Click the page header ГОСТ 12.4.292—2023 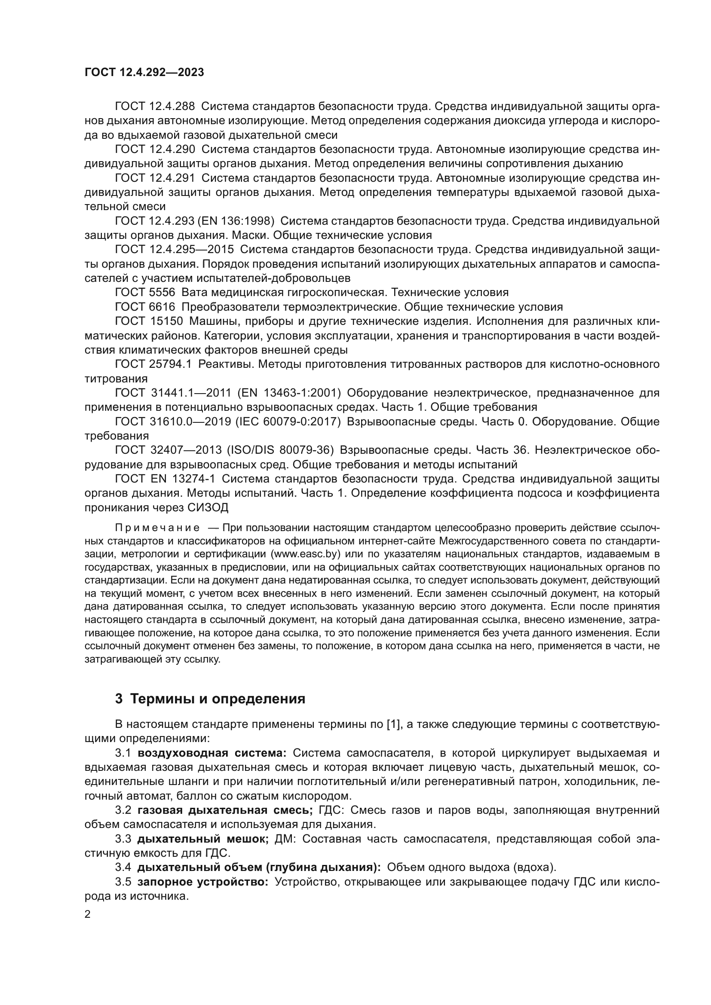(x=144, y=73)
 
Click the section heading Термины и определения (x=218, y=699)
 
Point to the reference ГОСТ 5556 (x=145, y=293)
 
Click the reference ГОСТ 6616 (x=145, y=307)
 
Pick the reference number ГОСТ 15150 (x=149, y=321)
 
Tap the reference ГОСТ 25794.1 (x=153, y=364)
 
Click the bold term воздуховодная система (x=211, y=753)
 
